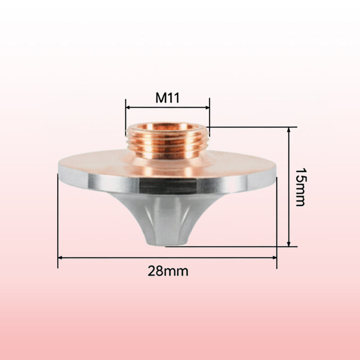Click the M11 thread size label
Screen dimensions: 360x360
167,98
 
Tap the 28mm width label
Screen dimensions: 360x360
168,271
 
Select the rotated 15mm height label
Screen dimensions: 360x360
300,187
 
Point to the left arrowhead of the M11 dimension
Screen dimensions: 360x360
128,108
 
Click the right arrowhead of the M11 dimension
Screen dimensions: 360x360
207,108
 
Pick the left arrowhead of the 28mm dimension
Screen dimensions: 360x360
60,258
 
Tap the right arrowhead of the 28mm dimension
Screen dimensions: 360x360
274,258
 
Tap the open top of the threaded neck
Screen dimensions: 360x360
167,128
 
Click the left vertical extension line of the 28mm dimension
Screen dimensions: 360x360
58,220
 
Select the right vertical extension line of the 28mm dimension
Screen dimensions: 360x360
277,220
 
